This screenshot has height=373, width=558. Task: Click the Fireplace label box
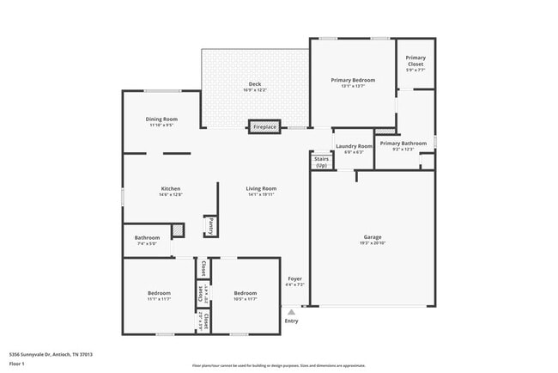coord(264,127)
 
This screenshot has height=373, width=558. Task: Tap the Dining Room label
coord(161,119)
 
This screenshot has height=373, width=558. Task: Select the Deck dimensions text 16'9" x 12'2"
coord(255,89)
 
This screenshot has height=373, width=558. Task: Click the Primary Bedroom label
coord(354,80)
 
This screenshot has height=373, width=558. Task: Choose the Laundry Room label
coord(354,146)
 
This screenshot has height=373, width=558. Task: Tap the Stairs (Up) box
coord(321,162)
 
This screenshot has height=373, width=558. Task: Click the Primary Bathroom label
coord(403,144)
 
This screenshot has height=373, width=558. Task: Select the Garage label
coord(373,236)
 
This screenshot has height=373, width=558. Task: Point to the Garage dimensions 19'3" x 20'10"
coord(373,242)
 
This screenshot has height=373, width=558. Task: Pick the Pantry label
coord(209,226)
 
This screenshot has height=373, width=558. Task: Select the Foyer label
coord(294,278)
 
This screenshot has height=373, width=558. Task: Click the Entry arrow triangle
coord(292,311)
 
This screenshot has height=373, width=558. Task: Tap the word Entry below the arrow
coord(292,321)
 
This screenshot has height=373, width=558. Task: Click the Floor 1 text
coord(16,364)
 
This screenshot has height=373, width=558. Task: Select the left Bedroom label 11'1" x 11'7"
coord(159,293)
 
